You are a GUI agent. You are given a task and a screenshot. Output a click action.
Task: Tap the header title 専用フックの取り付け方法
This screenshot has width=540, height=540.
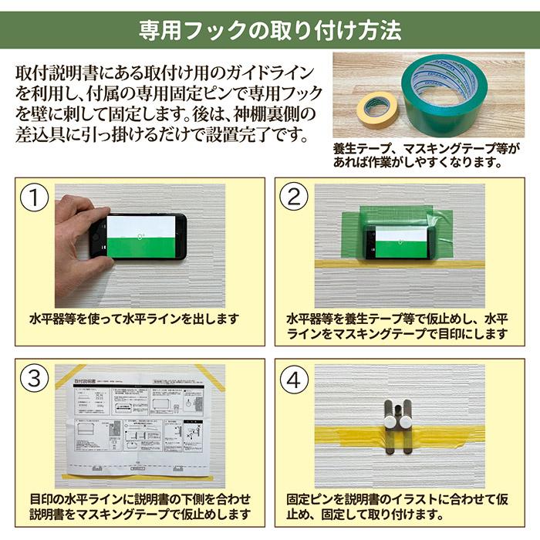270,30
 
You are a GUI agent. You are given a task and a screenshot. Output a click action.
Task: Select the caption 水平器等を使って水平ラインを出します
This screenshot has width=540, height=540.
134,318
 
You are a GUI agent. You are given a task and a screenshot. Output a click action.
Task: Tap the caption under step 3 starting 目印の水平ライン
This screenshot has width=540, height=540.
139,506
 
